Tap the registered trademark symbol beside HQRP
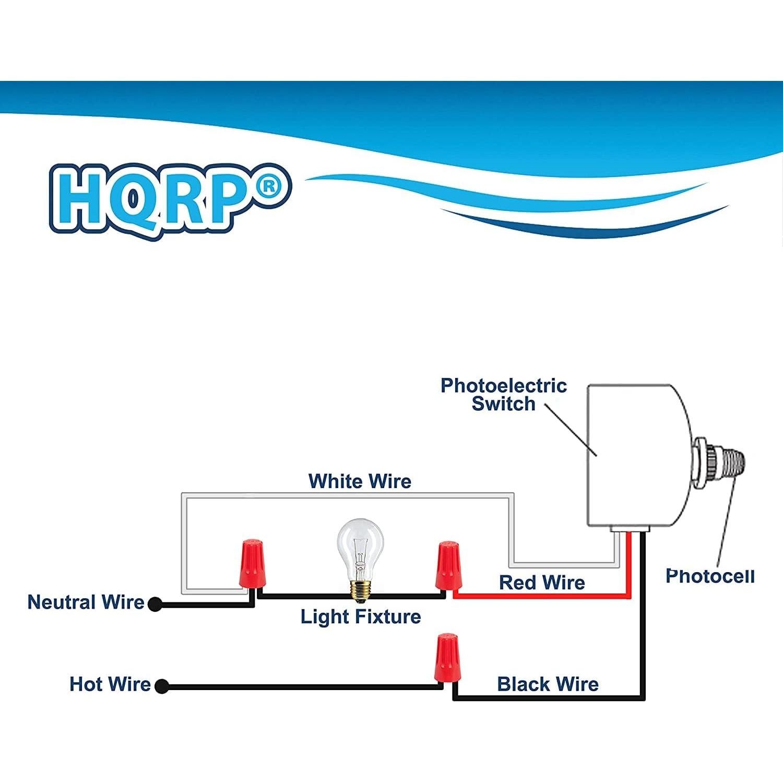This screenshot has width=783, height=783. tap(269, 186)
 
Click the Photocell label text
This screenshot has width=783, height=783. tap(710, 576)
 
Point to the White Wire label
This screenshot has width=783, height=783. tap(360, 481)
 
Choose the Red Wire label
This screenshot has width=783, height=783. tap(542, 583)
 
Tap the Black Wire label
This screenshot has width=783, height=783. tap(548, 684)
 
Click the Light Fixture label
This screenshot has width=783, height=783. tap(360, 616)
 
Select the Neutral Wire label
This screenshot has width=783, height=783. tap(86, 602)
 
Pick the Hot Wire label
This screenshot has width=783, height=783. tap(110, 684)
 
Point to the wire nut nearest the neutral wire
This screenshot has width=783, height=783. tap(251, 564)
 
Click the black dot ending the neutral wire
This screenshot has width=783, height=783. tap(155, 604)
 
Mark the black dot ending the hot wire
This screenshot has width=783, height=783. tap(162, 686)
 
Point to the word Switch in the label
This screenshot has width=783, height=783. tap(503, 404)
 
